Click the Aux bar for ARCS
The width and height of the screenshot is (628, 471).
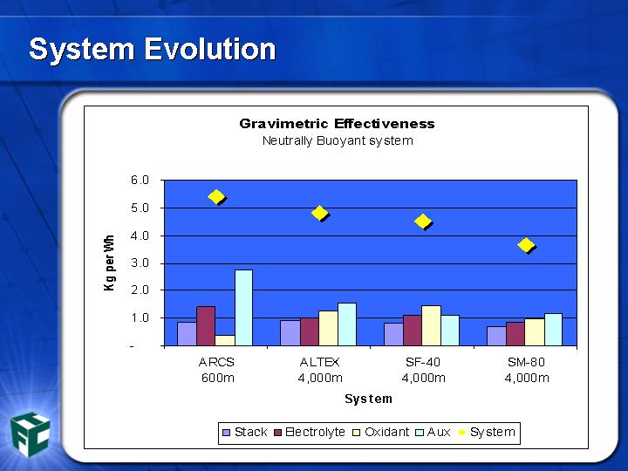243,308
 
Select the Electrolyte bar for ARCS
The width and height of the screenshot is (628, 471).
206,326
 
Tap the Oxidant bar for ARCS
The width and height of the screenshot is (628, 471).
225,340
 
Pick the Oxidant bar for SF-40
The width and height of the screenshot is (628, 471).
432,325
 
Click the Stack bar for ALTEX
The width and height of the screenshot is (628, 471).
290,333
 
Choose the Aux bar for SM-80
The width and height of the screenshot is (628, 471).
554,329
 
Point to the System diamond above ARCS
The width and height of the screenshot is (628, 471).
216,196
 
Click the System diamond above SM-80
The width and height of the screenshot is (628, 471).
526,245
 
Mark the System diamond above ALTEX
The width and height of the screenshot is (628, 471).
320,213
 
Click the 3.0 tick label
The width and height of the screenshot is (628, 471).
140,263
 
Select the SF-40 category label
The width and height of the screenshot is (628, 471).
423,362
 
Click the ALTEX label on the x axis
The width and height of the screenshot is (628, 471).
319,362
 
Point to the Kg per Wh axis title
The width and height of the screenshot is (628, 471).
109,263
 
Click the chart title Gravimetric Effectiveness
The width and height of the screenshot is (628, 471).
337,123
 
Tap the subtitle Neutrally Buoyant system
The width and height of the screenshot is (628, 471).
338,140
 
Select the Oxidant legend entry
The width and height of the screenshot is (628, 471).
381,432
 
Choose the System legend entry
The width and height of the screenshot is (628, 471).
486,432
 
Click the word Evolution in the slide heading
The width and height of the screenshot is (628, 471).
210,49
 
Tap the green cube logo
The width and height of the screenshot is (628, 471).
30,434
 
